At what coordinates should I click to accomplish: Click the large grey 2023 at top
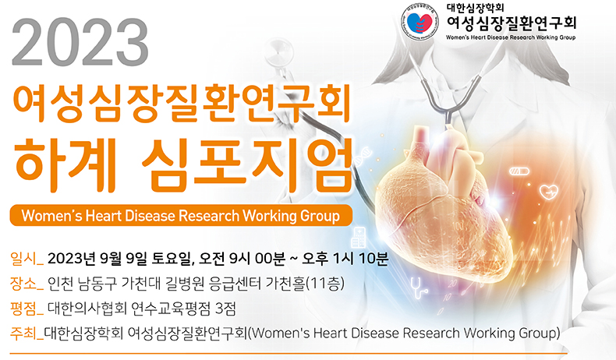coord(83,44)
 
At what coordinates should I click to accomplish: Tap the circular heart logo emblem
coord(421,23)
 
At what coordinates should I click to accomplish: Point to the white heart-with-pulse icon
coord(549,189)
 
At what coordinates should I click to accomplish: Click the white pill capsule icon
coord(519,170)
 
